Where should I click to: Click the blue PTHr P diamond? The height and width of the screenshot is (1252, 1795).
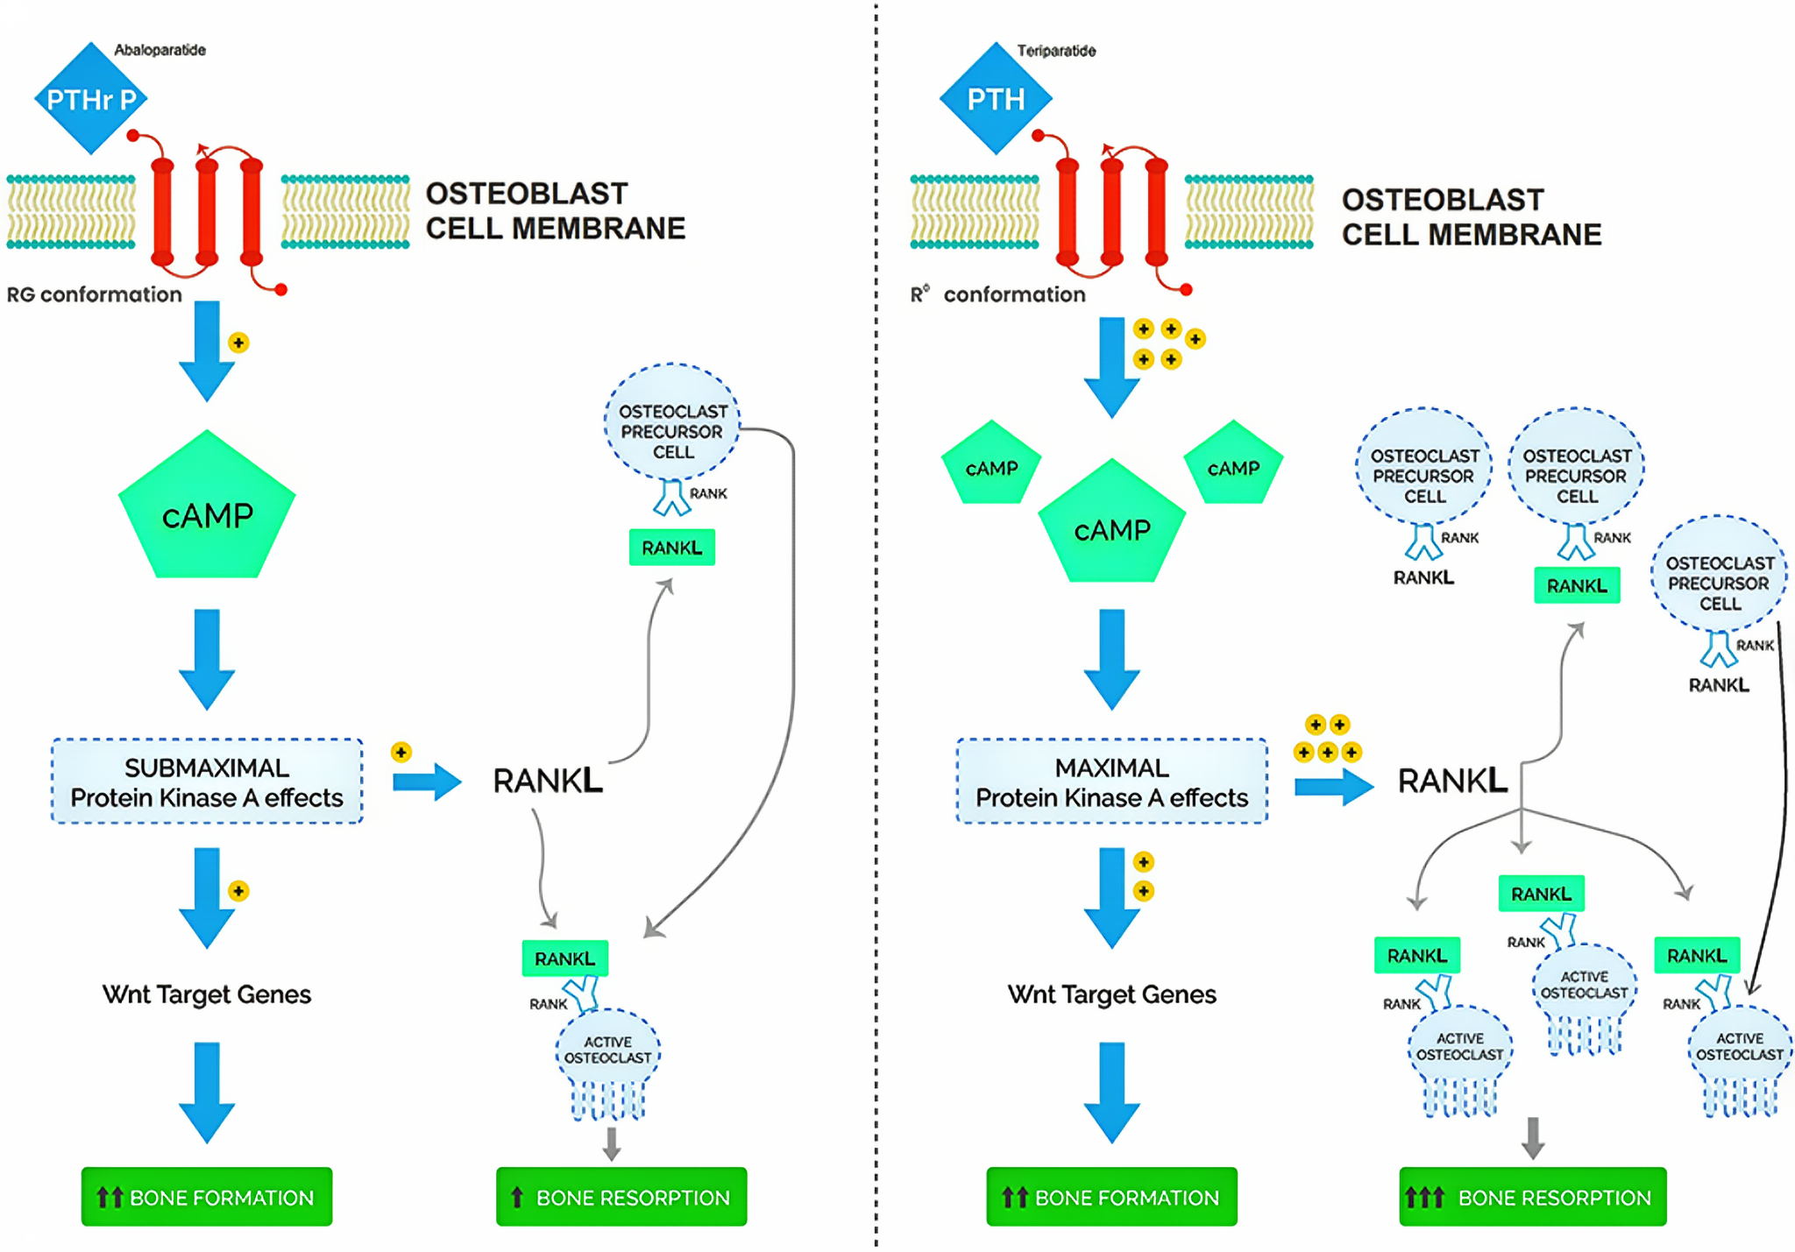click(x=90, y=99)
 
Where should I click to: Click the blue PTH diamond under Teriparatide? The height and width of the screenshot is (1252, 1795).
click(x=996, y=99)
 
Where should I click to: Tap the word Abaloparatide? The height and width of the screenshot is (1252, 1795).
click(x=160, y=50)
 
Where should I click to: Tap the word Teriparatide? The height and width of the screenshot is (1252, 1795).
click(x=1056, y=51)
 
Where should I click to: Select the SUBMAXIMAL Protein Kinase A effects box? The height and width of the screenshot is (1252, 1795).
click(x=207, y=782)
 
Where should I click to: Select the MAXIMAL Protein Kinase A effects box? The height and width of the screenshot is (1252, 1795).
click(x=1111, y=782)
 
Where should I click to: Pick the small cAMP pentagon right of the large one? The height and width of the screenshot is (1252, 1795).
click(x=1233, y=466)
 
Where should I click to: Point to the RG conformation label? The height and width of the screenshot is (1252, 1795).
click(x=95, y=294)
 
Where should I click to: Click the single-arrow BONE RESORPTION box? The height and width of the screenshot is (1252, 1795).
click(x=621, y=1197)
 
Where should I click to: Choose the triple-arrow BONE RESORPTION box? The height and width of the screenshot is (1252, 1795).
click(x=1532, y=1197)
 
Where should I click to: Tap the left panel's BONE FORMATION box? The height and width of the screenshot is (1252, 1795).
click(x=207, y=1197)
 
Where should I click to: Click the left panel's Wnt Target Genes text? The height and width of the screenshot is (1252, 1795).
click(x=207, y=994)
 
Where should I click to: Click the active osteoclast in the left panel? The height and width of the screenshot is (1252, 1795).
click(x=608, y=1056)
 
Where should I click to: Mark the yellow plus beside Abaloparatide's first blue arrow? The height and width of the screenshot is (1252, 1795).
click(x=238, y=343)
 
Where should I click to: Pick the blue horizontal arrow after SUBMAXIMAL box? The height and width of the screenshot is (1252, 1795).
click(x=427, y=781)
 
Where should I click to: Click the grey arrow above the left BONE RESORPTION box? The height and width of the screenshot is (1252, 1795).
click(x=612, y=1142)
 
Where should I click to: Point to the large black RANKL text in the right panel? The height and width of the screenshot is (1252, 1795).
click(x=1451, y=781)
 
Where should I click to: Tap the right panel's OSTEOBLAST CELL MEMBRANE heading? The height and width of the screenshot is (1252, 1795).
click(x=1471, y=217)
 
